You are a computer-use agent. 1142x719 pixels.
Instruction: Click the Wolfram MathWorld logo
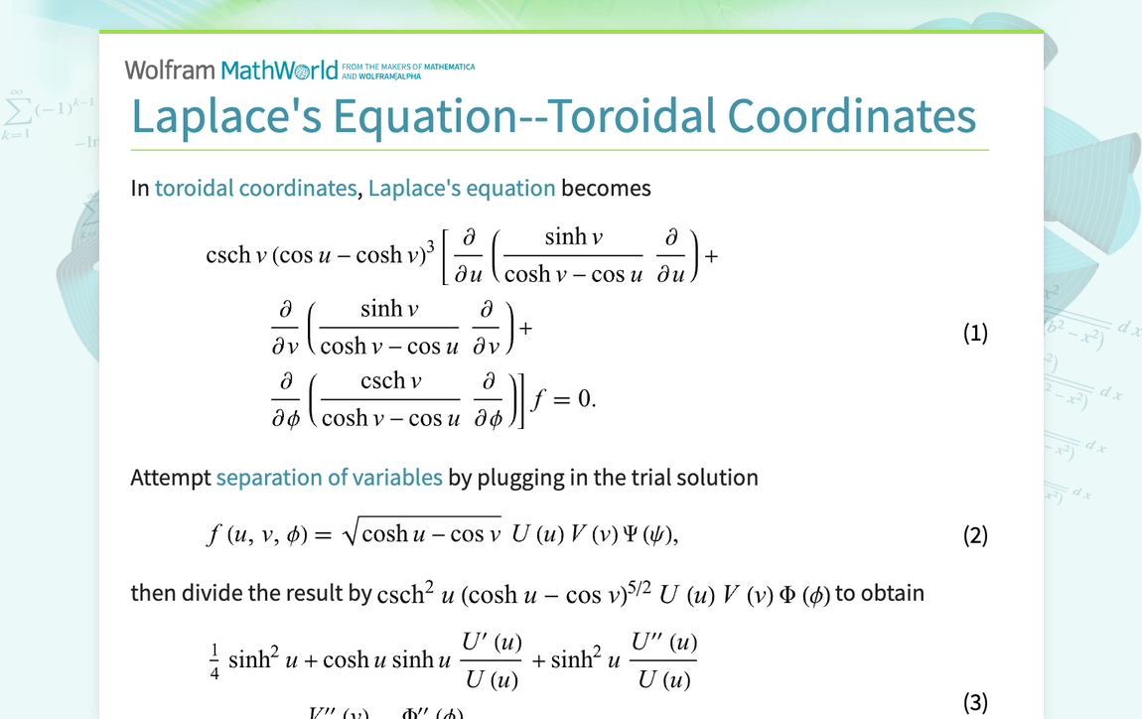pos(231,70)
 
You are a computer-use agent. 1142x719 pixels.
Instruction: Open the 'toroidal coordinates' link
pos(255,188)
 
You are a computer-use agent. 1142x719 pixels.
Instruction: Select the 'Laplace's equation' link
pos(462,188)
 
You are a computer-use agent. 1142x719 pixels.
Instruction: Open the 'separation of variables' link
pos(329,478)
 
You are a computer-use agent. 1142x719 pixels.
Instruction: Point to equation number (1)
pos(975,333)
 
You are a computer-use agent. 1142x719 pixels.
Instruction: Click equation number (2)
pos(975,536)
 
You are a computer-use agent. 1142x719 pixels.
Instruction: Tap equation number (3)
pos(975,703)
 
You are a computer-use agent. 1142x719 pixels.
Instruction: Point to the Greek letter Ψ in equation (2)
pos(629,534)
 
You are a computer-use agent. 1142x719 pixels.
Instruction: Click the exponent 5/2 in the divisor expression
pos(639,583)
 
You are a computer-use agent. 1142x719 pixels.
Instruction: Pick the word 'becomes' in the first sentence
pos(606,188)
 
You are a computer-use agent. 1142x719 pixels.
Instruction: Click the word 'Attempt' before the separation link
pos(171,478)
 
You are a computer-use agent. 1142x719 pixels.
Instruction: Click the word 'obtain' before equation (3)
pos(893,593)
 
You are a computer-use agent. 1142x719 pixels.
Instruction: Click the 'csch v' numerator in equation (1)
pos(390,381)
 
